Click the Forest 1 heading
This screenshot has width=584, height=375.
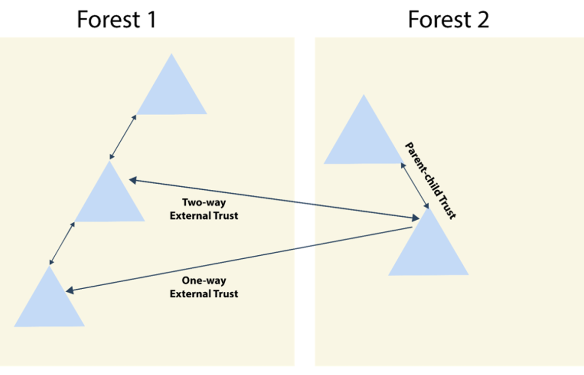pos(116,20)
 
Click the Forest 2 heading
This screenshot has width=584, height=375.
pos(448,20)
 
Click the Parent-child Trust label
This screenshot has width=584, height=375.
pos(430,181)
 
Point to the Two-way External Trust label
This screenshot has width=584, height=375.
pos(203,209)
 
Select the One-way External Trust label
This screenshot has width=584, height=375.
pos(203,287)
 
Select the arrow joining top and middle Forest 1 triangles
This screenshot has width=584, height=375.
pos(123,137)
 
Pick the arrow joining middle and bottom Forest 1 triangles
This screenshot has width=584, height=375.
pos(62,243)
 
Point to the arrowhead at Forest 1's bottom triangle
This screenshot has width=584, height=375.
pos(70,291)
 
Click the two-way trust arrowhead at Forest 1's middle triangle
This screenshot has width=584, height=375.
pos(132,180)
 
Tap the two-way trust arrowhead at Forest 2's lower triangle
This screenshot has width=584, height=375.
pos(416,218)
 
